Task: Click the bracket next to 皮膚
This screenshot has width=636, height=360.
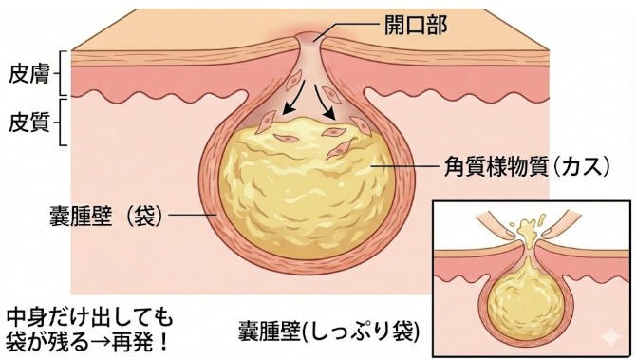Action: click(x=59, y=71)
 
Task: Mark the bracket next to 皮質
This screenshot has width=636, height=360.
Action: click(x=59, y=122)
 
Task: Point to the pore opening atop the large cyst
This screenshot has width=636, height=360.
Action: click(x=306, y=40)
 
